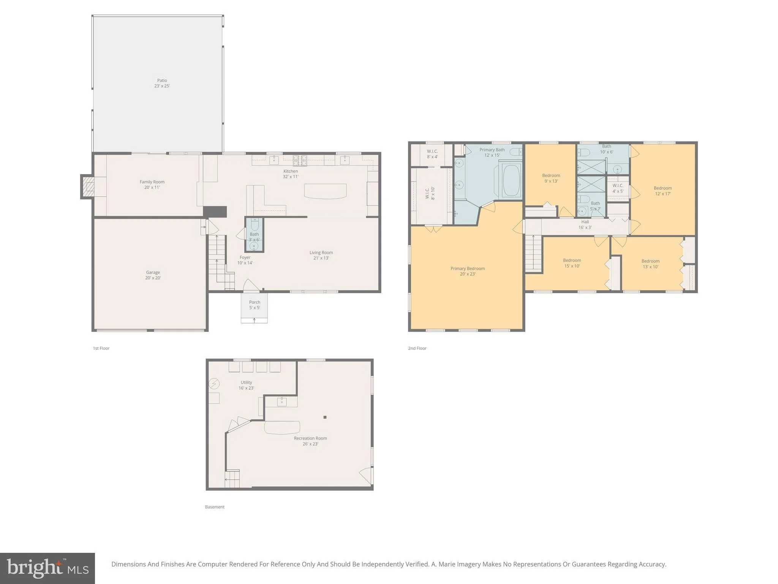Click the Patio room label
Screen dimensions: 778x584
coord(162,83)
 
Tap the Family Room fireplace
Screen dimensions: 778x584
coord(87,186)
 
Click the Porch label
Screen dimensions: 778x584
coord(255,305)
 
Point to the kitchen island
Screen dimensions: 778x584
coord(326,191)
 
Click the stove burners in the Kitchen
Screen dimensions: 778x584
coord(300,160)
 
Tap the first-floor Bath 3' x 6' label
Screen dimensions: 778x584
coord(254,237)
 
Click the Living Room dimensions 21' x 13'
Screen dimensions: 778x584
coord(321,258)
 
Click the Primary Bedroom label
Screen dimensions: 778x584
coord(468,271)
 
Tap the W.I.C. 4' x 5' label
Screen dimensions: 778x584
coord(618,188)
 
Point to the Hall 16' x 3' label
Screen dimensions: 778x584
coord(585,225)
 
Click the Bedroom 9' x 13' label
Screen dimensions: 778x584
coord(551,178)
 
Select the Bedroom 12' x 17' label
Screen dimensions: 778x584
coord(663,191)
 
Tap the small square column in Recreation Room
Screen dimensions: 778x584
coord(325,417)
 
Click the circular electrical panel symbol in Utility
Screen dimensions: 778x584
coord(214,384)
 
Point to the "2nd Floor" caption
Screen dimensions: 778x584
coord(417,348)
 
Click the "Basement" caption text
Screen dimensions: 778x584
coord(215,507)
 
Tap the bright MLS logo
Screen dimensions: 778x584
coord(47,568)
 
